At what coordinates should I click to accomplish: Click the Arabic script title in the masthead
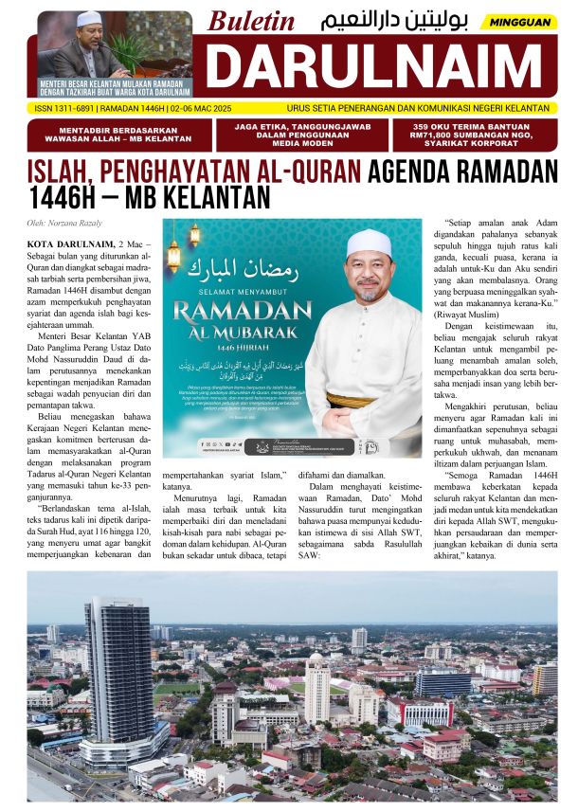(x=396, y=21)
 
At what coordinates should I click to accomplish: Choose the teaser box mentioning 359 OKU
(x=475, y=135)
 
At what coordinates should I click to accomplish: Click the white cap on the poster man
(x=368, y=245)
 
